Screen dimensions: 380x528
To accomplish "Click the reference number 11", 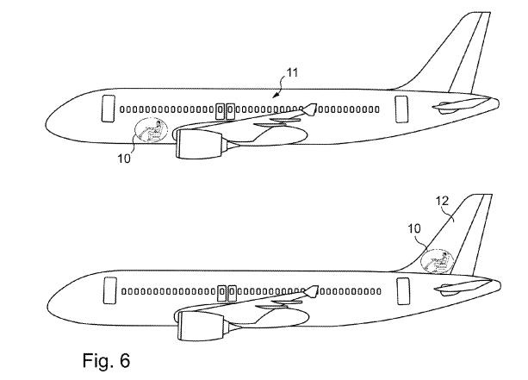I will point(294,74).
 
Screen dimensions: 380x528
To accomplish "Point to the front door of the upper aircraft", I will point(109,109).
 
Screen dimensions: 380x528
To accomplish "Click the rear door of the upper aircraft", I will point(401,109).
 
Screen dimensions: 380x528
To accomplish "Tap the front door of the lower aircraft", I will point(109,291).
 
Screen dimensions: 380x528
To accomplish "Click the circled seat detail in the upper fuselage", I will point(152,132).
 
